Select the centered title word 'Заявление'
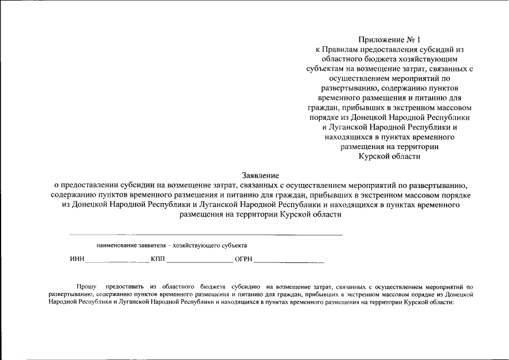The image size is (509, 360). coord(260,175)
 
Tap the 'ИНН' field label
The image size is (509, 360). coord(77,259)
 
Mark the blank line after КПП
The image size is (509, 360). coord(200,262)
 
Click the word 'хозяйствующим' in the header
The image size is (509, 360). coord(433,58)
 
